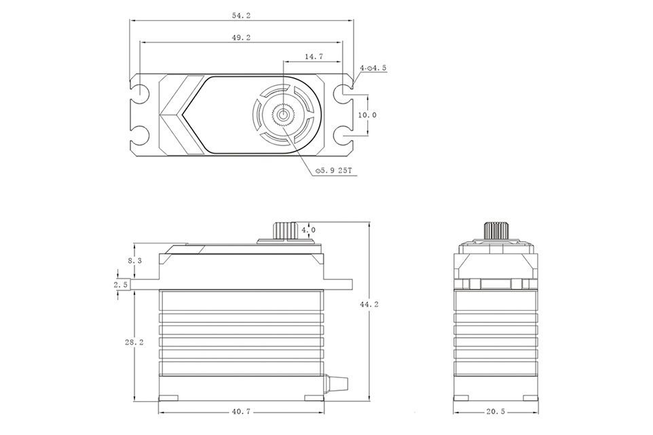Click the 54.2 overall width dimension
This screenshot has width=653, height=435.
tap(241, 16)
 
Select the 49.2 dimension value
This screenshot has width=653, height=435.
tap(241, 37)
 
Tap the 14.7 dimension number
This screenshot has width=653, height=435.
tap(314, 56)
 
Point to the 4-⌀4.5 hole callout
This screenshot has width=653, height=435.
tap(373, 67)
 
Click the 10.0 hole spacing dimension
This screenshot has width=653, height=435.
tap(367, 115)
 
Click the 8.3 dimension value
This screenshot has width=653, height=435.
tap(134, 261)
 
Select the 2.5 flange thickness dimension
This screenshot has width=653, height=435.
tap(121, 285)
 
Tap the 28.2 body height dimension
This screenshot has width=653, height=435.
tap(134, 342)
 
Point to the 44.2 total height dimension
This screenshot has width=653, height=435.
tap(369, 304)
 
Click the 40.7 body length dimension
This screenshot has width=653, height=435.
tap(241, 411)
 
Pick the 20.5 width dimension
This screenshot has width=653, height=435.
tap(495, 411)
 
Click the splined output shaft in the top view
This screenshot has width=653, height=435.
tap(284, 114)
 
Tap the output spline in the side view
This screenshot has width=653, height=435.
tap(285, 230)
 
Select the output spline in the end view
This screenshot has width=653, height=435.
tap(496, 230)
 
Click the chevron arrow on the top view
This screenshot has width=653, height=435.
tap(182, 115)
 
